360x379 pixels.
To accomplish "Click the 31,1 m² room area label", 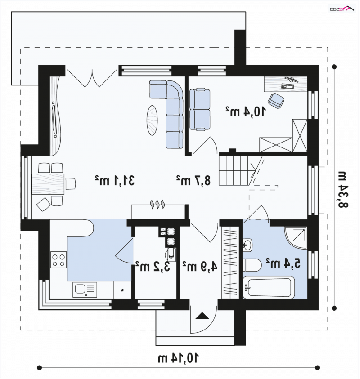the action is click(115, 180).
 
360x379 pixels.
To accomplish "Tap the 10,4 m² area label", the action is click(246, 111).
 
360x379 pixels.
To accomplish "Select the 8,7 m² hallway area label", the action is click(193, 180).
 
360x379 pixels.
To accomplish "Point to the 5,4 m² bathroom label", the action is click(283, 263).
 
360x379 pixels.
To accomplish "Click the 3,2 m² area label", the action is click(153, 266).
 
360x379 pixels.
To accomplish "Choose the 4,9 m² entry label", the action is click(200, 266).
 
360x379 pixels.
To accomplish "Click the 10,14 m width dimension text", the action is click(178, 358).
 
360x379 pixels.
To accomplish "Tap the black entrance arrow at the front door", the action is click(202, 316).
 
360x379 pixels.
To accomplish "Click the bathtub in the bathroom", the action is click(269, 288).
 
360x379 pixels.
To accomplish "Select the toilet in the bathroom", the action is click(252, 265).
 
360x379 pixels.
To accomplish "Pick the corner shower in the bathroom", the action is click(296, 238).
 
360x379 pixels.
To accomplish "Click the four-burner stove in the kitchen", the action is click(58, 259).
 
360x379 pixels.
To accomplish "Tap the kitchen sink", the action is click(85, 290).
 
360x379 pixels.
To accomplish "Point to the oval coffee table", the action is click(152, 120).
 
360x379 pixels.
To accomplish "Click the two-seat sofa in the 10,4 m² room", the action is click(200, 110).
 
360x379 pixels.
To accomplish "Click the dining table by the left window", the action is click(48, 184).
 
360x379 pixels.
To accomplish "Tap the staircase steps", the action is click(237, 170).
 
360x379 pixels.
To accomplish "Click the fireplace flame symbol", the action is click(157, 204).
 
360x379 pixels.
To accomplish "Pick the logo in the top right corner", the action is click(342, 9).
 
